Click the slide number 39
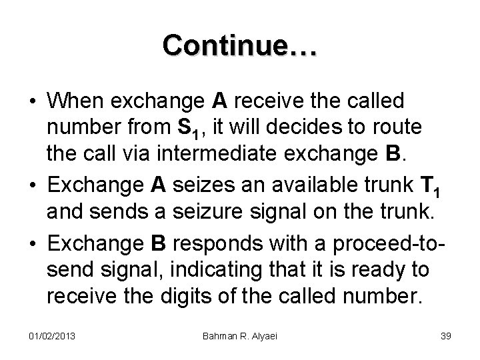tap(445, 335)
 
